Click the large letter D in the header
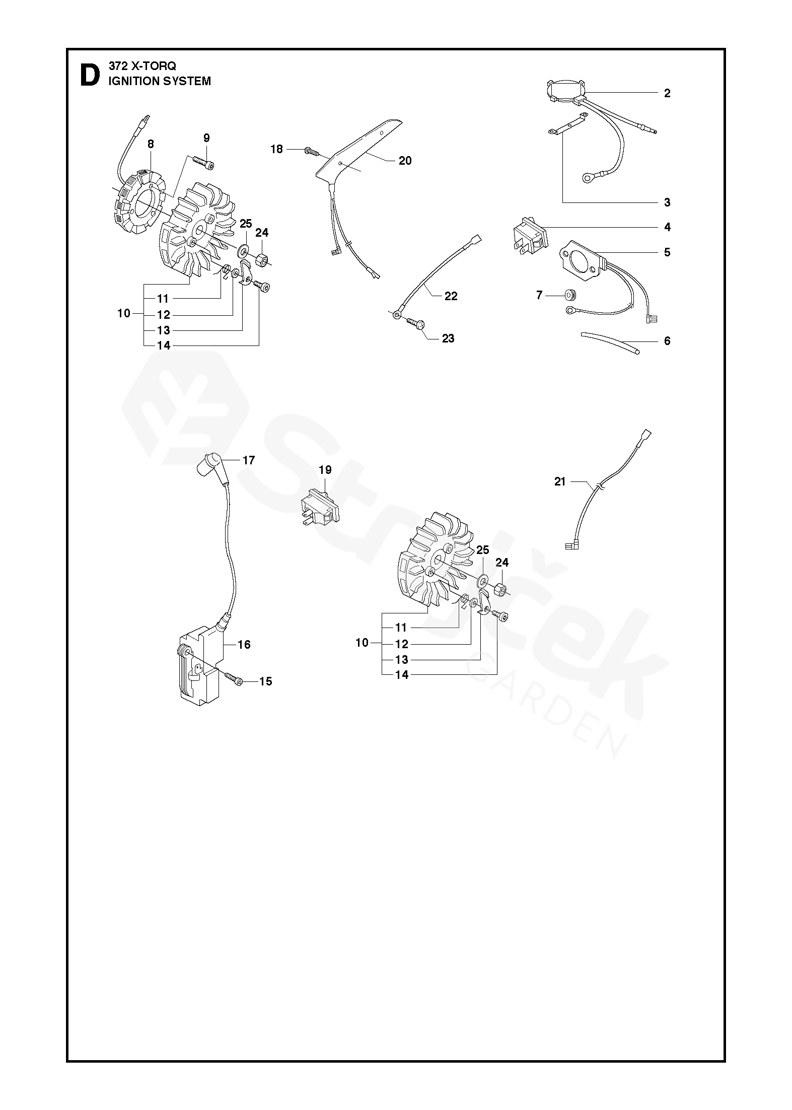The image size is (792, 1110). [90, 75]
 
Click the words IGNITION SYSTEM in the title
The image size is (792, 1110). [160, 82]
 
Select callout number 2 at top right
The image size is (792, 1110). [667, 93]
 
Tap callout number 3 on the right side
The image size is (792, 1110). [667, 203]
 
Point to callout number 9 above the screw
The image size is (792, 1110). [206, 138]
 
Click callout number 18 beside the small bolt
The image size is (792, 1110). [277, 149]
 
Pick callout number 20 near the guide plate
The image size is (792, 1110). [405, 161]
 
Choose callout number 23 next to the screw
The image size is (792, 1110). [448, 338]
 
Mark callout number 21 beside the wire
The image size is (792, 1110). [560, 482]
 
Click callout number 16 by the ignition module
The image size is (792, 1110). [244, 645]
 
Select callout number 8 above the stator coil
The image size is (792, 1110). [151, 144]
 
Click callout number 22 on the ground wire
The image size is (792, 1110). [451, 296]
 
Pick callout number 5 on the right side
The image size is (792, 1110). [667, 252]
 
